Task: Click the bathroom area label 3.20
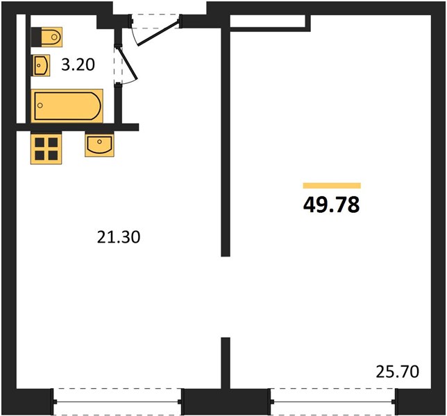pyautogui.click(x=78, y=64)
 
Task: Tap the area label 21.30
pyautogui.click(x=119, y=237)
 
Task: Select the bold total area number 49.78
pyautogui.click(x=332, y=205)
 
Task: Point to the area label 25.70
pyautogui.click(x=398, y=372)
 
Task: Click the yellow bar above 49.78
pyautogui.click(x=332, y=186)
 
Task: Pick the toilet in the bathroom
pyautogui.click(x=47, y=37)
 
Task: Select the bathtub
pyautogui.click(x=67, y=105)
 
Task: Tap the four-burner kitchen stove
pyautogui.click(x=47, y=148)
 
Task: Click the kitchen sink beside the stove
pyautogui.click(x=99, y=145)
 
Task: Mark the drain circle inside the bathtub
pyautogui.click(x=40, y=105)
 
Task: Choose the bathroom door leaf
pyautogui.click(x=128, y=64)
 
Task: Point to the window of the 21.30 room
pyautogui.click(x=117, y=401)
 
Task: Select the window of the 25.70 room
pyautogui.click(x=332, y=401)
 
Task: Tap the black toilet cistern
pyautogui.click(x=36, y=37)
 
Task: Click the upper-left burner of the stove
pyautogui.click(x=40, y=142)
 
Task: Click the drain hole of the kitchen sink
pyautogui.click(x=99, y=141)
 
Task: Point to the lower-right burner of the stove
pyautogui.click(x=53, y=155)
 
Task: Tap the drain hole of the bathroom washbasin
pyautogui.click(x=38, y=65)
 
